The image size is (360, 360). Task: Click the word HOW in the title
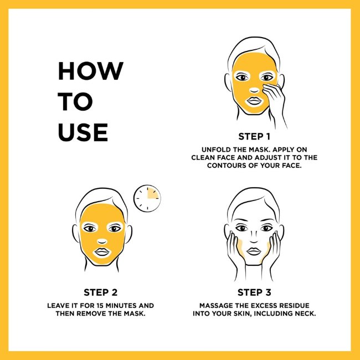(91, 71)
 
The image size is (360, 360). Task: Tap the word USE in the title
(83, 132)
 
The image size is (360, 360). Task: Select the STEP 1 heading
(254, 137)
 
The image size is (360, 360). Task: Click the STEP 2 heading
(101, 292)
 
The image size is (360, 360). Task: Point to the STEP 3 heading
(254, 292)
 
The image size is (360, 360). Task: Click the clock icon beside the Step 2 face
(147, 198)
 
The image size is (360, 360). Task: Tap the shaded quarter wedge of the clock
(152, 193)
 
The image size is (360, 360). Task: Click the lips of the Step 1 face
(254, 101)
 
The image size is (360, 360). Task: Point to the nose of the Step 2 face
(102, 241)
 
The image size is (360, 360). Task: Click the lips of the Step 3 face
(254, 251)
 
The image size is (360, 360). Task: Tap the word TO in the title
(75, 101)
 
